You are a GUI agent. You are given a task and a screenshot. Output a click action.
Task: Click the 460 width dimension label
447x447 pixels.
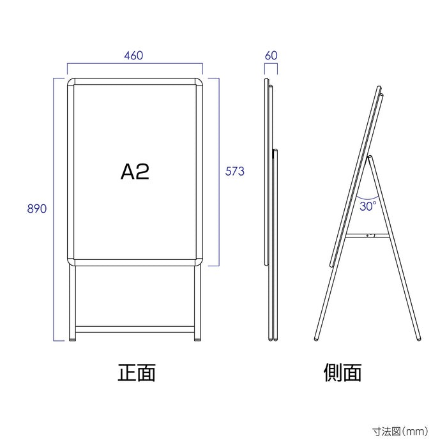coord(133,56)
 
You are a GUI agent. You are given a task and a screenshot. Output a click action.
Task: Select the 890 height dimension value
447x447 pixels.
coord(37,209)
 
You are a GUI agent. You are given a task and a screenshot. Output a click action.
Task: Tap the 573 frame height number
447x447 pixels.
coord(234,171)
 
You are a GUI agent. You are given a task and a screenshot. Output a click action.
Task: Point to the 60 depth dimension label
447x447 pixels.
coord(271,56)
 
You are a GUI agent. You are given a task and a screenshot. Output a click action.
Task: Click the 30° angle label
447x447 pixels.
coord(368,206)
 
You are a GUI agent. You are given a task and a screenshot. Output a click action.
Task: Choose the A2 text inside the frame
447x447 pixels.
coord(135,172)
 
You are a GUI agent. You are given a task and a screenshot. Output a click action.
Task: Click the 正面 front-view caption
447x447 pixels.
coord(137,372)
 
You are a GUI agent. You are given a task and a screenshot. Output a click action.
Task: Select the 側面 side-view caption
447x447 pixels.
coord(342,372)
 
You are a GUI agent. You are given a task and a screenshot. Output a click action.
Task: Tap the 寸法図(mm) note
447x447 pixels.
coord(400,431)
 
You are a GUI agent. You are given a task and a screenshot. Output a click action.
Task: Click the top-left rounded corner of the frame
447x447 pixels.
coord(71,82)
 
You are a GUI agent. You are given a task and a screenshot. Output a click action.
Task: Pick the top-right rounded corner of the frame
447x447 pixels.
coord(199,82)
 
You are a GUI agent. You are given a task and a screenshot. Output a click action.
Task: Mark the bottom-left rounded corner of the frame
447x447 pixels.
coord(71,262)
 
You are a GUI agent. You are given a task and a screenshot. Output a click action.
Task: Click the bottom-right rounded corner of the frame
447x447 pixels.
coord(199,262)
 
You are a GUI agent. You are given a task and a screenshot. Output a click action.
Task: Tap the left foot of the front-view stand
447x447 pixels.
coord(72,339)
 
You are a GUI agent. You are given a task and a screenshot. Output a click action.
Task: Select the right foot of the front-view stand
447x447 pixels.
coord(197,339)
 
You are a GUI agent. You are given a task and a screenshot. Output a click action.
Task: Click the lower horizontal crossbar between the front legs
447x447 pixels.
coord(135,330)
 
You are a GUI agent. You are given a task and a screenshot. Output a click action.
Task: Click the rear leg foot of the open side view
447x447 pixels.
coord(419,338)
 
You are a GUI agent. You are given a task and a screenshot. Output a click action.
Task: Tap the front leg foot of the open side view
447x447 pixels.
coord(316,338)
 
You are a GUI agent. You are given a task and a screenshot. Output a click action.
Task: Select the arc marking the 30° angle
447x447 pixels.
coord(367,199)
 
